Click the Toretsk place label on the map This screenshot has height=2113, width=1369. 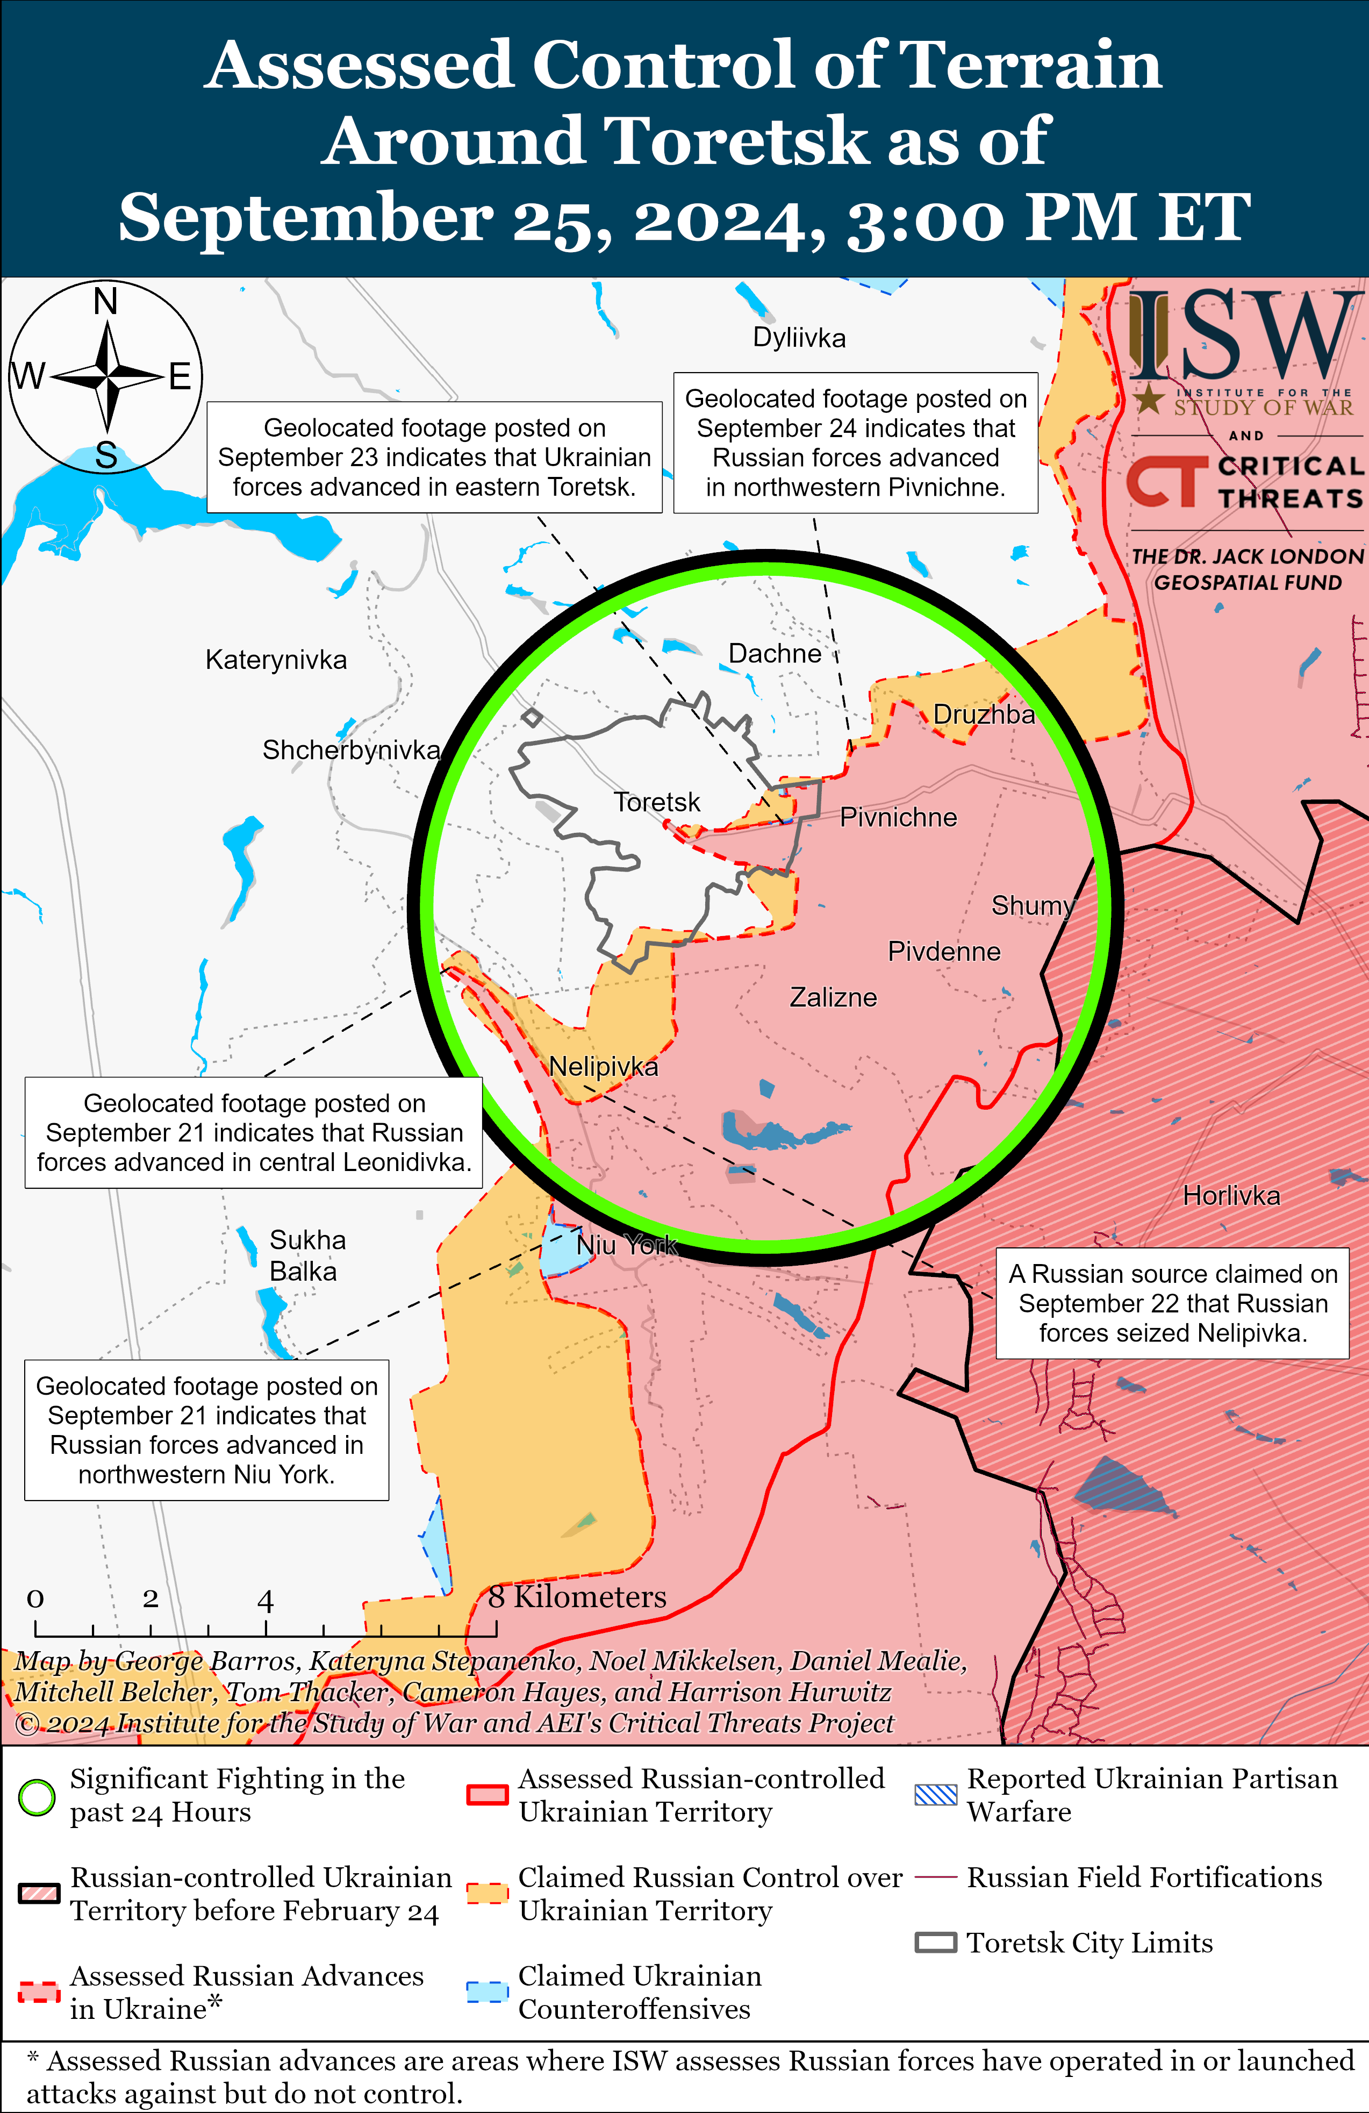[x=657, y=803]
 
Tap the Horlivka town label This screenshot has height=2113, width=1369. [x=1231, y=1196]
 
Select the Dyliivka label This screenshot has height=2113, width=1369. [x=799, y=338]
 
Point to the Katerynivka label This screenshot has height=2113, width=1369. [x=276, y=661]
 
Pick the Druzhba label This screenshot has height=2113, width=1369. [x=984, y=715]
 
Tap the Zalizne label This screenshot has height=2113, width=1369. [x=833, y=998]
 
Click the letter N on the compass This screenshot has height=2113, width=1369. [x=106, y=302]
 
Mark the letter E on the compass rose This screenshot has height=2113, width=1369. [x=180, y=377]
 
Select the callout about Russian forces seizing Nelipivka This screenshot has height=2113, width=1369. [x=1172, y=1303]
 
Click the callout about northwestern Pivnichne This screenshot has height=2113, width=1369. [x=855, y=443]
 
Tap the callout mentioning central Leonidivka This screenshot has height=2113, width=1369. [x=254, y=1133]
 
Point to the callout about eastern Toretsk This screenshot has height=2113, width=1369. [x=434, y=457]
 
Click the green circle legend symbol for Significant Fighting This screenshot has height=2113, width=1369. [x=37, y=1798]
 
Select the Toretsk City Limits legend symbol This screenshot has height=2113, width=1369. [x=936, y=1943]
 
